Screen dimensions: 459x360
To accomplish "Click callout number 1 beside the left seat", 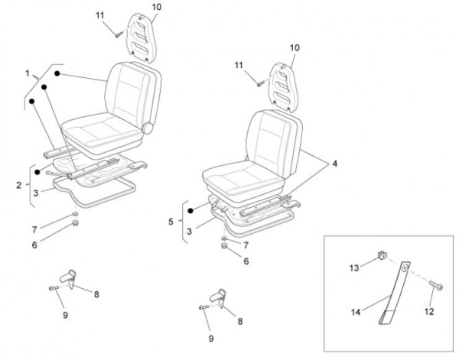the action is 28,73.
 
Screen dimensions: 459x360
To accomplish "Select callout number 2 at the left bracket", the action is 19,185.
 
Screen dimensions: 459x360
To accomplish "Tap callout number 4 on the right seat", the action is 334,164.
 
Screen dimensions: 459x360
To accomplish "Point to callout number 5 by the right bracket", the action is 171,222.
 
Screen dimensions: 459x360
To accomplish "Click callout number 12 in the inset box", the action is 429,312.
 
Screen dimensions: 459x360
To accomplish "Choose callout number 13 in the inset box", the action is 354,268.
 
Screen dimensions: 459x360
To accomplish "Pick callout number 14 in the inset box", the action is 356,313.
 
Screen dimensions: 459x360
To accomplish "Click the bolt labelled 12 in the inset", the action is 436,285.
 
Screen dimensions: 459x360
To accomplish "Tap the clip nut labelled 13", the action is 381,255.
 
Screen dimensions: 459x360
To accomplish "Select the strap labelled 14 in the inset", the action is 394,293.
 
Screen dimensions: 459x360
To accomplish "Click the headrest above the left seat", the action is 141,37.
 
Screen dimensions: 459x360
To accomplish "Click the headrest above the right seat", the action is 283,87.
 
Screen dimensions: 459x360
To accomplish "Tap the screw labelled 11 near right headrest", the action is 259,84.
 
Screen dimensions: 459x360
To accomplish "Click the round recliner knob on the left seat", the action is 148,128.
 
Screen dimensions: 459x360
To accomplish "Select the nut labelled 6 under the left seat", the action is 76,224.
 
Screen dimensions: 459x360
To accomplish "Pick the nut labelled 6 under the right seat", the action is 224,245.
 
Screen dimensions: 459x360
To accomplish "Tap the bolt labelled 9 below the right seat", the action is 203,307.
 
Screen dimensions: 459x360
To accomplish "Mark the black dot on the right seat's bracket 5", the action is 190,210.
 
